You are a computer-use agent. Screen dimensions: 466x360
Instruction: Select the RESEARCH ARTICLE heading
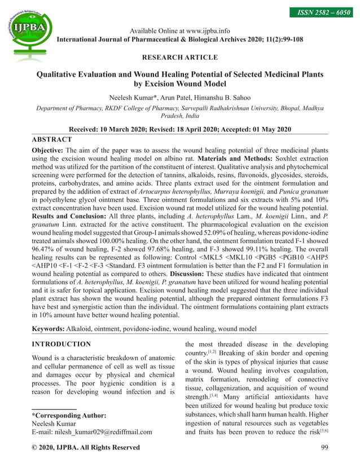coord(179,57)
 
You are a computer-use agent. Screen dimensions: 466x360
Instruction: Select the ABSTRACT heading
coord(51,139)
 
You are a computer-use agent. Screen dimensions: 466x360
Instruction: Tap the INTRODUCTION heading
coord(61,344)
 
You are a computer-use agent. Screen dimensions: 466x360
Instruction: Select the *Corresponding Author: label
coord(69,415)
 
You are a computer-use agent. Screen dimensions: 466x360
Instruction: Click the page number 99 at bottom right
coord(324,447)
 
